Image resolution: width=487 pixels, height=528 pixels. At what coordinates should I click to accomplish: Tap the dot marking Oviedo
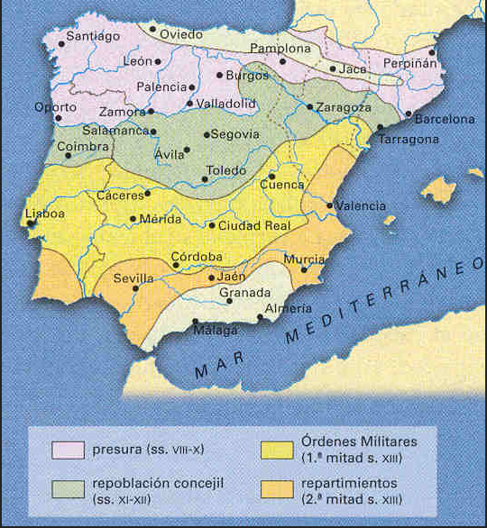(x=152, y=29)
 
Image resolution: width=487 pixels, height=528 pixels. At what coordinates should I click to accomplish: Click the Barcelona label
(x=446, y=118)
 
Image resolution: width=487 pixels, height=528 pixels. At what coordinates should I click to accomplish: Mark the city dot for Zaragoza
(x=310, y=106)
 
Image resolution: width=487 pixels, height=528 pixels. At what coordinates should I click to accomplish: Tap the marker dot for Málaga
(x=196, y=321)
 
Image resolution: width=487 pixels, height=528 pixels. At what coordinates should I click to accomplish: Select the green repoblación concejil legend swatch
(x=68, y=489)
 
